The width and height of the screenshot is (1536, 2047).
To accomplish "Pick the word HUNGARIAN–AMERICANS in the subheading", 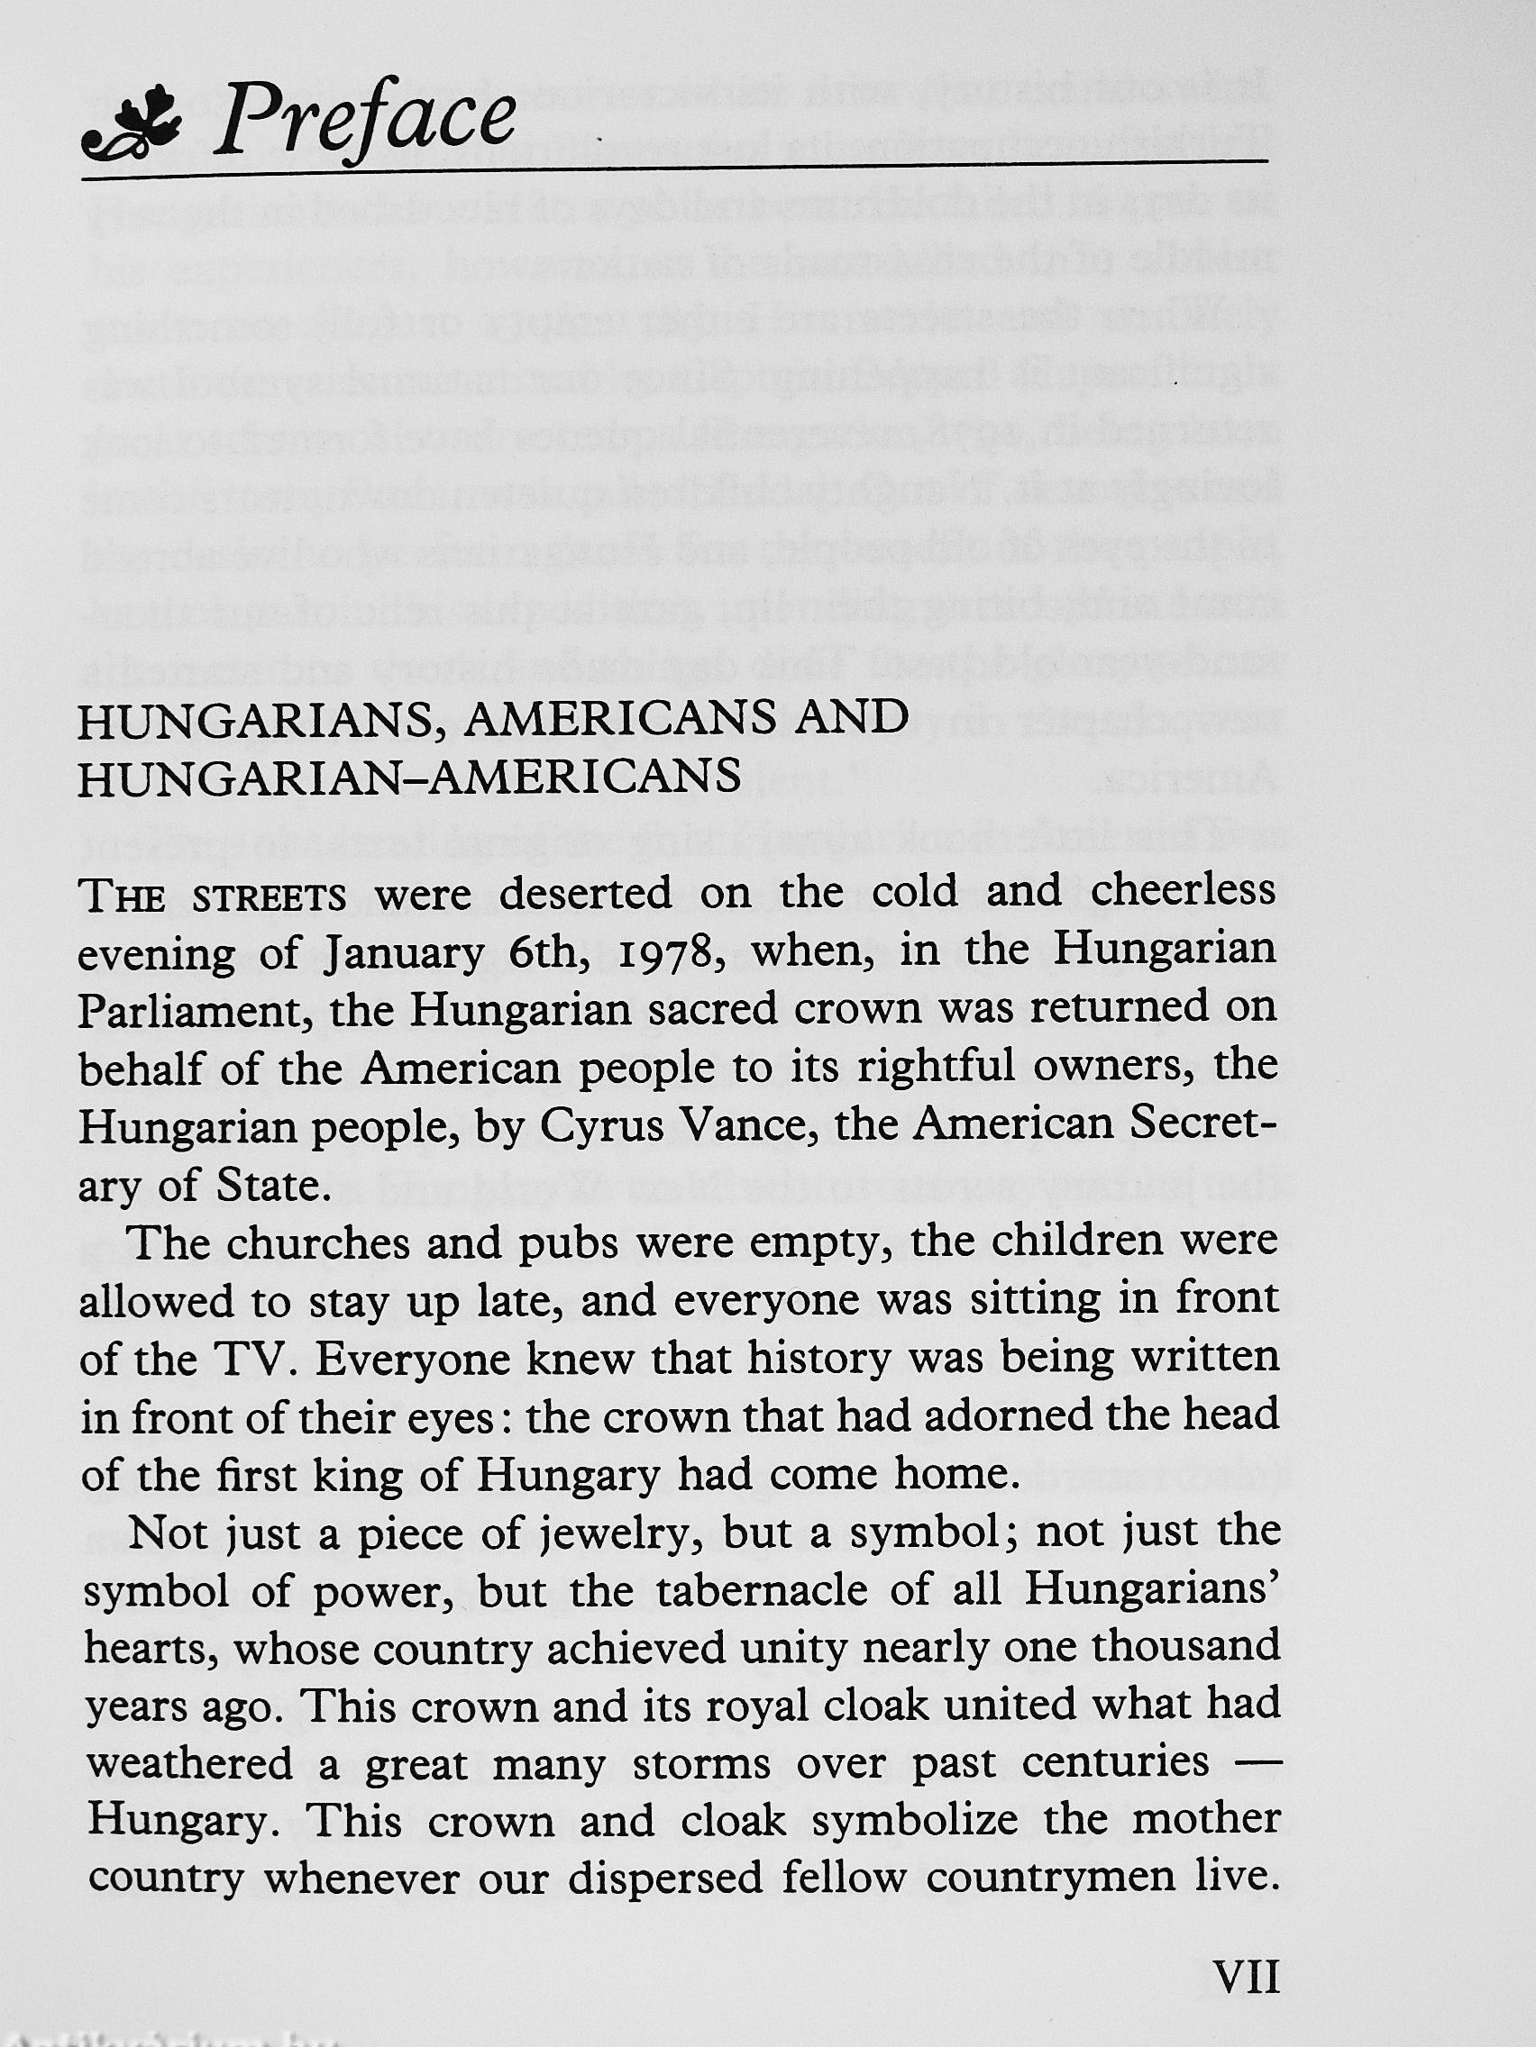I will click(409, 778).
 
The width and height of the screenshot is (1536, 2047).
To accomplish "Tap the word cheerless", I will click(1184, 892).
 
